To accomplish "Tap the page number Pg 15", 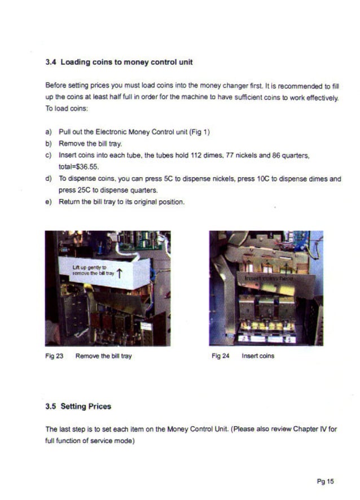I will (x=326, y=481).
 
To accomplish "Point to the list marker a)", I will (x=49, y=132).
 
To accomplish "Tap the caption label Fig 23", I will (x=54, y=356).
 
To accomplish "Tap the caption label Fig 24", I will (x=220, y=356).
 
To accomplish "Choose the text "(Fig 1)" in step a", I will (x=200, y=132).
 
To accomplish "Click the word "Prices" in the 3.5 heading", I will (x=99, y=406).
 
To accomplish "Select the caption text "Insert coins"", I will (x=258, y=356).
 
